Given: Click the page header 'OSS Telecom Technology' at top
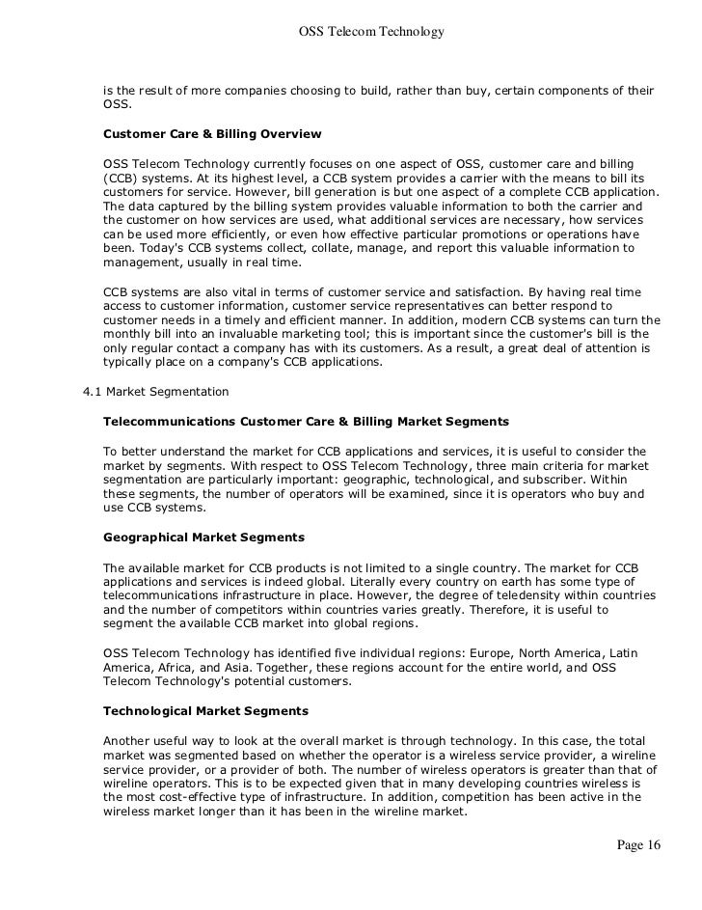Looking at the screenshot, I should (371, 33).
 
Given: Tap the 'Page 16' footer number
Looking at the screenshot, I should (637, 846).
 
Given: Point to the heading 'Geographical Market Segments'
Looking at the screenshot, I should (203, 536).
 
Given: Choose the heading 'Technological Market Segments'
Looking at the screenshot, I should (205, 710).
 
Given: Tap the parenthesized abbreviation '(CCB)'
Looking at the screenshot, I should (118, 179).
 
